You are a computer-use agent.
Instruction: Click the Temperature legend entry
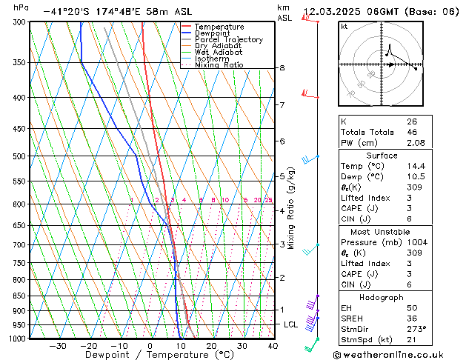(219, 27)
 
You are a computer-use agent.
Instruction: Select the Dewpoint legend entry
(214, 33)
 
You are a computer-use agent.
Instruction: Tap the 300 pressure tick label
(16, 22)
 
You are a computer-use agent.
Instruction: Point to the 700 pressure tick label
(16, 244)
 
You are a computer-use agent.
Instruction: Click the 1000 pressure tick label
(15, 339)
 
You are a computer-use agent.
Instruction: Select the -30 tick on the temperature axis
(57, 346)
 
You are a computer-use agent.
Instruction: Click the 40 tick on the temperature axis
(273, 346)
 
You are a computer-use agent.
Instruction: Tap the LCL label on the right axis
(290, 324)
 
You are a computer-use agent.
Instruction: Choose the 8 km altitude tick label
(282, 68)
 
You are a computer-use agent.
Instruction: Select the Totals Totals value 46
(411, 132)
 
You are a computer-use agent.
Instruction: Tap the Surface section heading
(382, 156)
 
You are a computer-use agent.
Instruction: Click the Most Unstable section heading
(382, 232)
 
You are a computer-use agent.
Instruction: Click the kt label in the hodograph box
(344, 26)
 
